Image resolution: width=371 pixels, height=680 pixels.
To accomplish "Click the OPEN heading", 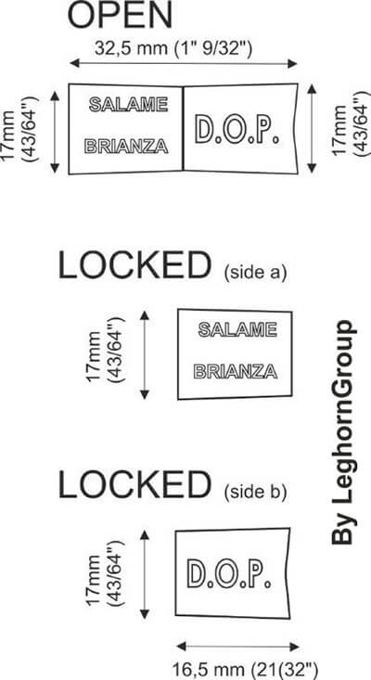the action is [x=120, y=15].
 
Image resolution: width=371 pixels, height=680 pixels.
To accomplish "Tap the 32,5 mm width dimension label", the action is [x=173, y=47].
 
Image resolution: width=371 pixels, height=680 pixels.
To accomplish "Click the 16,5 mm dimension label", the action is [x=246, y=668].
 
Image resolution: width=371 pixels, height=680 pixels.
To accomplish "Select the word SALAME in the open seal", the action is [x=128, y=105].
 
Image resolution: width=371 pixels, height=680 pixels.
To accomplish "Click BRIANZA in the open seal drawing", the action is [x=126, y=147].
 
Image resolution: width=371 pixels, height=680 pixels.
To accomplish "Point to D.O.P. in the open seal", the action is [x=237, y=129].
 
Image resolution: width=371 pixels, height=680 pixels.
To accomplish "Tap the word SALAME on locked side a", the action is [x=237, y=329].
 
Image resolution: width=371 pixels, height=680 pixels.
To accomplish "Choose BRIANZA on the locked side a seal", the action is [x=236, y=371].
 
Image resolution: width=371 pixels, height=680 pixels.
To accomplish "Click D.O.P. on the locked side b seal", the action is [x=230, y=573].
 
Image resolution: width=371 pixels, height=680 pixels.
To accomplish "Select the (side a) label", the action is [x=256, y=274].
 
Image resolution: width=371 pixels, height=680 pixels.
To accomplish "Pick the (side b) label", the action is [x=256, y=493].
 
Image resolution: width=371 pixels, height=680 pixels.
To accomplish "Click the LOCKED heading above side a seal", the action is [x=134, y=266].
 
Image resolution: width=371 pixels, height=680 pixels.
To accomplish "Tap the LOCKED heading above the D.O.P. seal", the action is [x=134, y=485].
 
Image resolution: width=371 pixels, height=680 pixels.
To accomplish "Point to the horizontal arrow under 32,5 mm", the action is [x=184, y=63].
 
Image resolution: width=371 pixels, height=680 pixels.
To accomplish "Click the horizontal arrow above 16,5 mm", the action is [x=238, y=647].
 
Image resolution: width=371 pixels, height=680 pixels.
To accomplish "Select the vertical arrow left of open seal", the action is [x=55, y=133].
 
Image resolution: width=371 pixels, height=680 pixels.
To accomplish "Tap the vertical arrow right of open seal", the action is [x=312, y=129].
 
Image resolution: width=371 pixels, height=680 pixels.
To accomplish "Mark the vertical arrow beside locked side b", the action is [x=145, y=574].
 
